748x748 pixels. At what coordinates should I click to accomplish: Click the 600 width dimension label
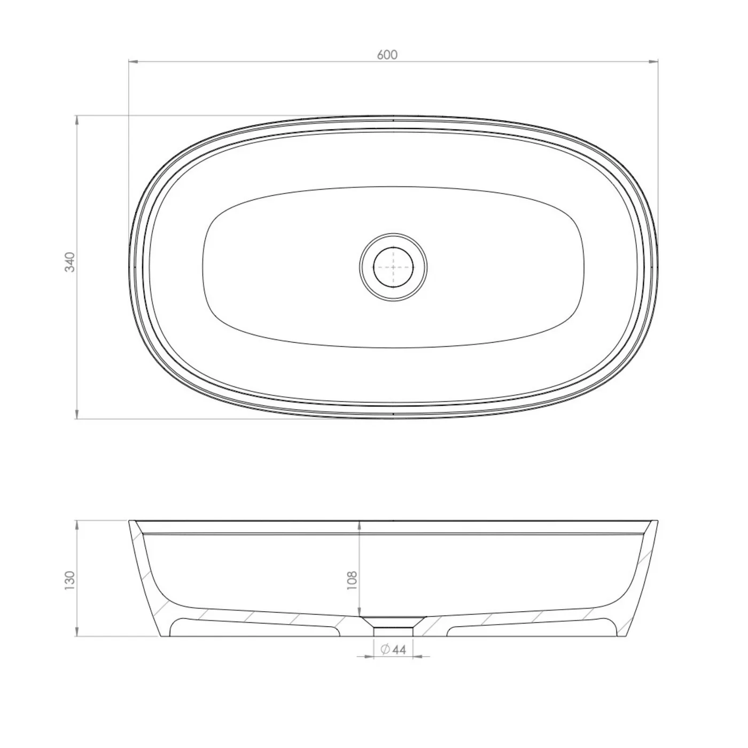click(387, 54)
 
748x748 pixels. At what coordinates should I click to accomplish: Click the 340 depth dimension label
click(70, 262)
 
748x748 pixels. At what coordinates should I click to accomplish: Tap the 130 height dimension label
click(70, 581)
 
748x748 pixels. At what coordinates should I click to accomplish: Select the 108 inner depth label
click(352, 580)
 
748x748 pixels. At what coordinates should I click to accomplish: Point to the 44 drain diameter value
click(399, 649)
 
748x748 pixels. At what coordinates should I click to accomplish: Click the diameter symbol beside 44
click(385, 649)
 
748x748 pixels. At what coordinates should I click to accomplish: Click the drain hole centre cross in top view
click(393, 267)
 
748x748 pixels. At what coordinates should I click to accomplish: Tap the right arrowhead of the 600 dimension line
click(653, 61)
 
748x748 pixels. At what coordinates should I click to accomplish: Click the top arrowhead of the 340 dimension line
click(77, 120)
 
